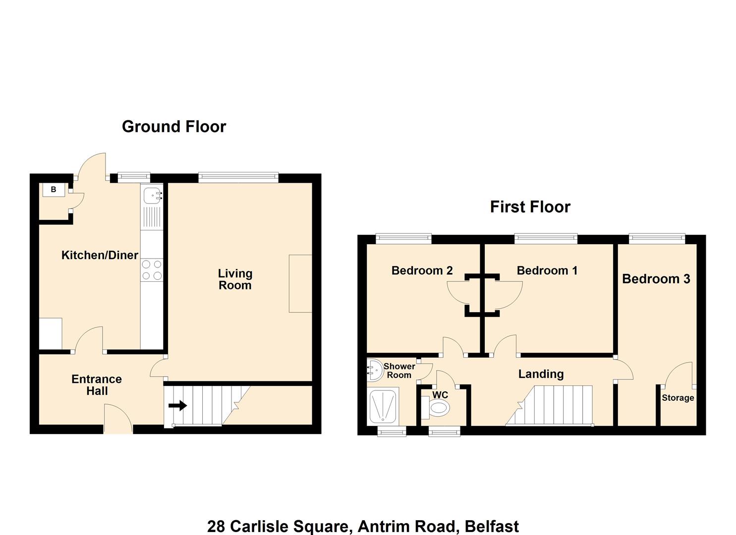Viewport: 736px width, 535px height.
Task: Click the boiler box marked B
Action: [x=54, y=190]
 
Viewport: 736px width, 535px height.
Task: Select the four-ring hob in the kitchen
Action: [x=152, y=270]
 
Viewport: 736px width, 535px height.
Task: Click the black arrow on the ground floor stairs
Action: [x=178, y=406]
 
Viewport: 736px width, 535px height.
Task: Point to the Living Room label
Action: [x=235, y=279]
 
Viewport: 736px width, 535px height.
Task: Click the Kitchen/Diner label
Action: [x=100, y=255]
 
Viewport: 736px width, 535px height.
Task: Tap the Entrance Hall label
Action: [x=97, y=385]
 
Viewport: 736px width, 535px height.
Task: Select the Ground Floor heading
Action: [x=174, y=127]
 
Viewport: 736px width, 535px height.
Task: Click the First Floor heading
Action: [x=530, y=207]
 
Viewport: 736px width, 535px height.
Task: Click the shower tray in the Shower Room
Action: [x=383, y=407]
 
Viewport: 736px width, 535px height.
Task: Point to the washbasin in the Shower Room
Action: [x=375, y=370]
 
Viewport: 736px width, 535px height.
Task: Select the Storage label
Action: [x=678, y=398]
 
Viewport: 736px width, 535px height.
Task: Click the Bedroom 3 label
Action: [x=656, y=279]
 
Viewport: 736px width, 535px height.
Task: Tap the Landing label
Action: [x=541, y=374]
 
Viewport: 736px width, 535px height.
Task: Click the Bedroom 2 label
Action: [x=422, y=270]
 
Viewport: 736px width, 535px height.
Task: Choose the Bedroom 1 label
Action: [x=547, y=270]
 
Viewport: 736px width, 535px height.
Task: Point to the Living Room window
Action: [x=238, y=178]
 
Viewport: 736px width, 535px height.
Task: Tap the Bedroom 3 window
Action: [x=657, y=238]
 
